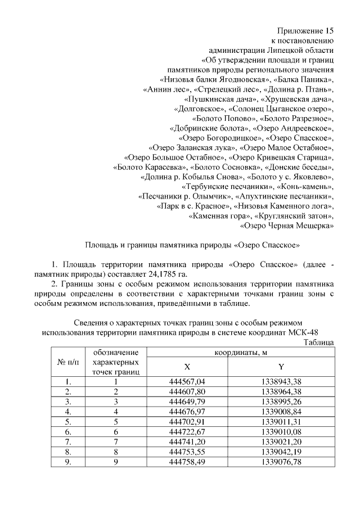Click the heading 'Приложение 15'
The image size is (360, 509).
[307, 30]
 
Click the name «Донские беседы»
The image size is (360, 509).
[299, 167]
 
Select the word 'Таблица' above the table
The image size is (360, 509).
[318, 342]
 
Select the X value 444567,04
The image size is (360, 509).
[187, 382]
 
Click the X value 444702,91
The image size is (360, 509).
[187, 422]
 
